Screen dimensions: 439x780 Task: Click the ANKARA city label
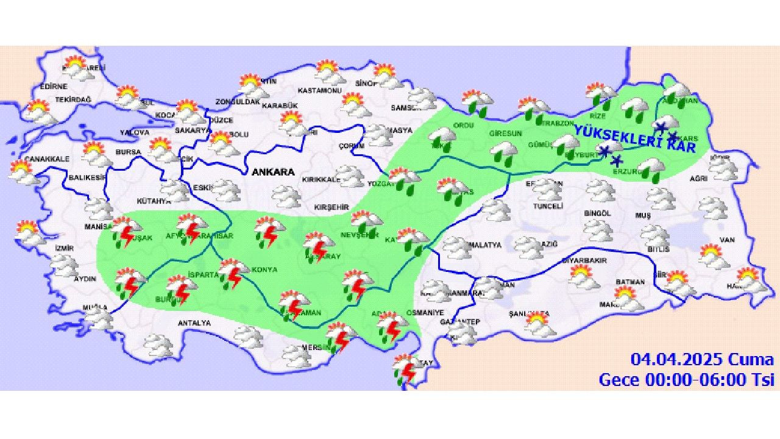pyautogui.click(x=273, y=172)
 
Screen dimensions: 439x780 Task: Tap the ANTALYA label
pyautogui.click(x=194, y=323)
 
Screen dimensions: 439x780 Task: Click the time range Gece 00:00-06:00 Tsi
pyautogui.click(x=686, y=379)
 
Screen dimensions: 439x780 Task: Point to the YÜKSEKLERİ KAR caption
pyautogui.click(x=635, y=140)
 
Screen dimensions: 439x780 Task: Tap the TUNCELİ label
pyautogui.click(x=547, y=207)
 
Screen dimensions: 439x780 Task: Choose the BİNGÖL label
pyautogui.click(x=597, y=213)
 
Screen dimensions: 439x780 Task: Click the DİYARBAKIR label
pyautogui.click(x=584, y=260)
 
